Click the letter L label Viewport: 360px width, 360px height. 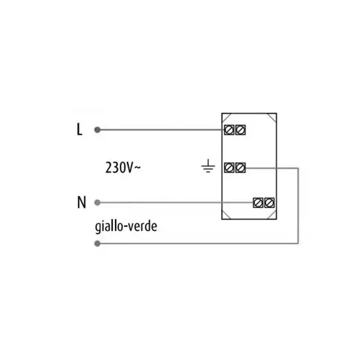[x=79, y=129]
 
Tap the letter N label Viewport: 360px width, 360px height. [x=81, y=202]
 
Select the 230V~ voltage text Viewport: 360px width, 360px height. [x=123, y=167]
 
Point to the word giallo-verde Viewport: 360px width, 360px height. [x=126, y=227]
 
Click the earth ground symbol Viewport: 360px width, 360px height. [x=208, y=166]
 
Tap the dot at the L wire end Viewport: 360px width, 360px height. [x=97, y=130]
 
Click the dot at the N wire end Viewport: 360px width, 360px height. [x=97, y=203]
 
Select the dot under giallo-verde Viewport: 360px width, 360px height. [x=97, y=243]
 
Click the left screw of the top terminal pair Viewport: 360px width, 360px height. [x=229, y=130]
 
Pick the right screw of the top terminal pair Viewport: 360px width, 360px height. [x=240, y=130]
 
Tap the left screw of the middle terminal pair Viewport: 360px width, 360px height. [x=229, y=168]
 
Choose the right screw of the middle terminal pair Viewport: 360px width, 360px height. [x=240, y=168]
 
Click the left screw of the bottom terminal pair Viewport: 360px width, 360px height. [x=258, y=203]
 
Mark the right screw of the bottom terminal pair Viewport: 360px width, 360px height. [x=269, y=203]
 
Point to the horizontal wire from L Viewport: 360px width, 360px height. [x=160, y=130]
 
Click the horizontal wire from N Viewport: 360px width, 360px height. [x=175, y=203]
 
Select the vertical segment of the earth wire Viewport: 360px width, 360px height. [x=298, y=206]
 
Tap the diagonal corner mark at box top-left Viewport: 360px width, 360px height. [x=226, y=118]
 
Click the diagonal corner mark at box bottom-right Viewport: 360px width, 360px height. [x=272, y=214]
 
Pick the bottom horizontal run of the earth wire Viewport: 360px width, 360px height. [x=197, y=243]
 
